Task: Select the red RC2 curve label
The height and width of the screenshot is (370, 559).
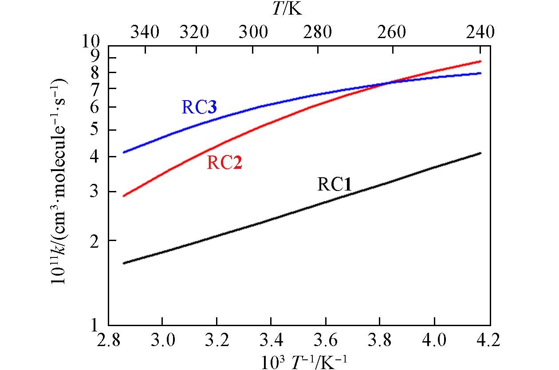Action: click(x=224, y=164)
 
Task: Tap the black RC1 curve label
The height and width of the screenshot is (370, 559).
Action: click(x=335, y=184)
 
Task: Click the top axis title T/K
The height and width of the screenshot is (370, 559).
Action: click(x=287, y=9)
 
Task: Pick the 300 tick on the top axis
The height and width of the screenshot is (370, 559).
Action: click(x=253, y=32)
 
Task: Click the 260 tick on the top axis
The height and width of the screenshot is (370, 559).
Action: click(x=392, y=32)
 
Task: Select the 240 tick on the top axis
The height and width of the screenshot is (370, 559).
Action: click(x=480, y=32)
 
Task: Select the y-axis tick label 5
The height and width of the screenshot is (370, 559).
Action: click(x=98, y=130)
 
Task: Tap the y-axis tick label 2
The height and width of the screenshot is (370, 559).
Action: click(x=98, y=241)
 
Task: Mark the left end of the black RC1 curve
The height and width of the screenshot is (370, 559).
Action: click(x=124, y=263)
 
